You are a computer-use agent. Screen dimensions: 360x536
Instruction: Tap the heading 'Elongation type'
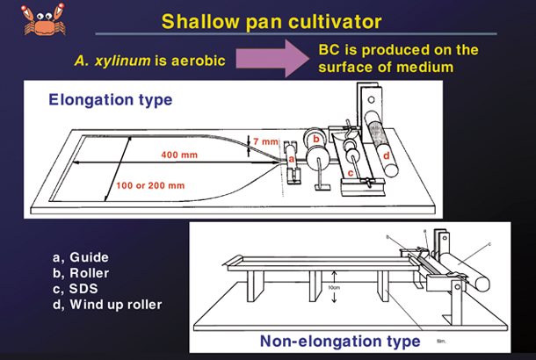(x=109, y=100)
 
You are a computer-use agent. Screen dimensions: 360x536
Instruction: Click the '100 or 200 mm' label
(x=150, y=185)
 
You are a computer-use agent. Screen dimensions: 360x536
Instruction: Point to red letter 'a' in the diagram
(x=291, y=160)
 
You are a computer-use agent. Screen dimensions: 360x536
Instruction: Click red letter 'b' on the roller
(x=315, y=139)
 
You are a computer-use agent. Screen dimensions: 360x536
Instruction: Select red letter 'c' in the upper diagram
(x=350, y=173)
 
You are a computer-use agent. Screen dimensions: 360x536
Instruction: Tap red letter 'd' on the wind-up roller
(x=387, y=155)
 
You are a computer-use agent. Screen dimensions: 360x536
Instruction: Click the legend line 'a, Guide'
(x=80, y=257)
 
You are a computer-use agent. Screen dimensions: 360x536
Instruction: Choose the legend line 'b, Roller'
(x=82, y=273)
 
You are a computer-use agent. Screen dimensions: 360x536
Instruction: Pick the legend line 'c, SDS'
(x=76, y=289)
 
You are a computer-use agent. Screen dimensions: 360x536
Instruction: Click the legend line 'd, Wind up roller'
(x=107, y=305)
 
